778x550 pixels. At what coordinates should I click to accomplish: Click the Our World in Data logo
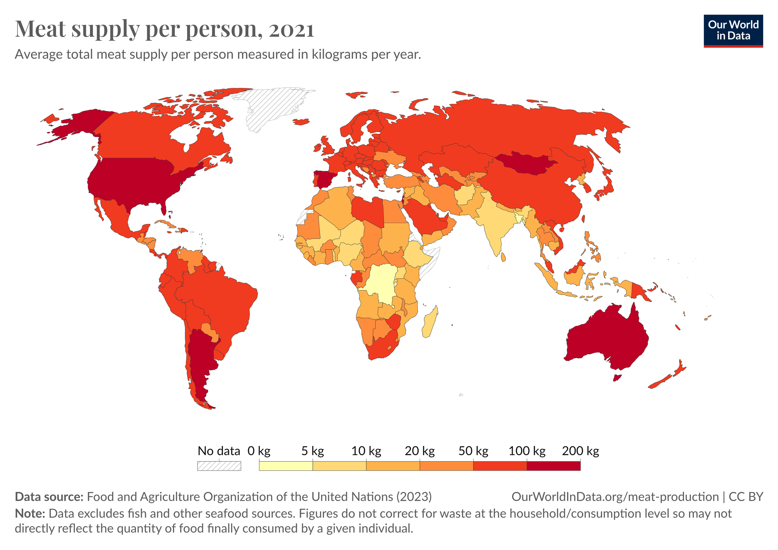coord(733,31)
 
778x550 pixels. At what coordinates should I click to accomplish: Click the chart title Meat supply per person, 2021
coord(165,29)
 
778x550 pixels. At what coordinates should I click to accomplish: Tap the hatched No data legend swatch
coord(219,466)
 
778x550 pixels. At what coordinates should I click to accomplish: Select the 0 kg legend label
coord(259,451)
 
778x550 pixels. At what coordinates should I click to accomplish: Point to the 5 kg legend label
coord(312,451)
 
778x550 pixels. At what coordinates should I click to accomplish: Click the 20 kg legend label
coord(420,451)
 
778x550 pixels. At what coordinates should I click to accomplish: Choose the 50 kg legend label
coord(473,451)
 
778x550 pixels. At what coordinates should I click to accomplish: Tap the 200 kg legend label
coord(580,451)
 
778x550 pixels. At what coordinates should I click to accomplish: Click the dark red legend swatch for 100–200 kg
coord(554,466)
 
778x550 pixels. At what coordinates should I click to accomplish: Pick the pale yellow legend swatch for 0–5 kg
coord(286,466)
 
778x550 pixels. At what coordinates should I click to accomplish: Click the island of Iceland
coord(301,122)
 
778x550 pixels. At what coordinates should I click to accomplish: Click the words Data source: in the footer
coord(49,497)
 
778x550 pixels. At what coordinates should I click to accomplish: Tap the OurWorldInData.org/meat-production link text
coord(615,497)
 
